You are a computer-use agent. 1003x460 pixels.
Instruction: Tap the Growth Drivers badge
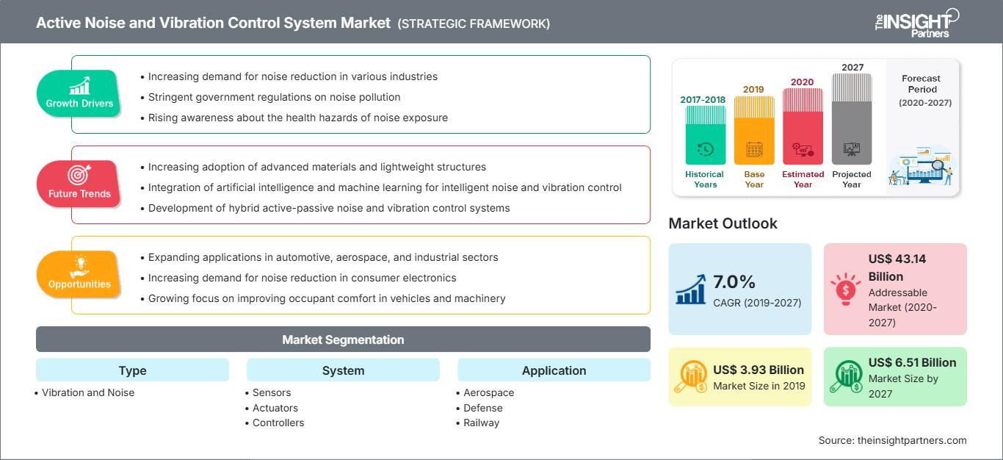click(x=79, y=93)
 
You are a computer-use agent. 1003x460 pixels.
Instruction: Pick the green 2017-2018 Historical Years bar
click(x=705, y=135)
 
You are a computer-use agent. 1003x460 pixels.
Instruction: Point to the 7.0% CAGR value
click(x=735, y=282)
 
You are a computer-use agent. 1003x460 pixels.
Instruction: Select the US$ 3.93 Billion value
click(x=758, y=370)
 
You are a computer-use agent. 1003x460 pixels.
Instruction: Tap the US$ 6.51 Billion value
click(x=912, y=362)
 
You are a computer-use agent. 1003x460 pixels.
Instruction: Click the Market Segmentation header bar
click(x=343, y=339)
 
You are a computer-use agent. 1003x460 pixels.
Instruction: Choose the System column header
click(x=343, y=370)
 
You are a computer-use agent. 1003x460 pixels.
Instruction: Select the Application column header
click(x=554, y=370)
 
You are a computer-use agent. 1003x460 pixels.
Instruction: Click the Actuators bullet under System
click(x=275, y=408)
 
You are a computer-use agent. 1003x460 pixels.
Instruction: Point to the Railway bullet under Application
click(x=481, y=423)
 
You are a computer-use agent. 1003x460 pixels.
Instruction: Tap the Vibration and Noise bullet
click(x=87, y=392)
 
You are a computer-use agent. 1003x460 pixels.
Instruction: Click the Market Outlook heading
click(x=723, y=223)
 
